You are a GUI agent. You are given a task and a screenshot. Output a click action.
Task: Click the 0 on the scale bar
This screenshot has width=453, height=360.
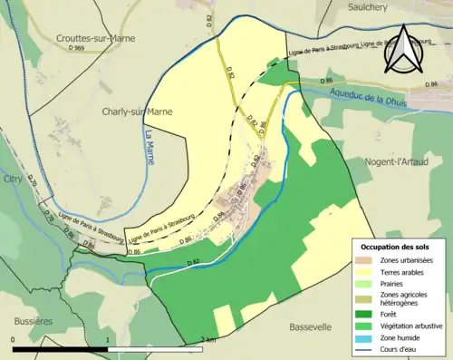[13, 340]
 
